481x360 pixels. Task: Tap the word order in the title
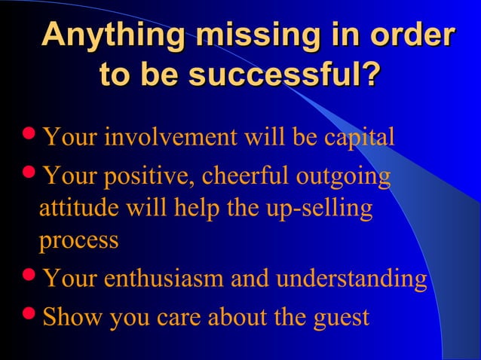pos(418,37)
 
